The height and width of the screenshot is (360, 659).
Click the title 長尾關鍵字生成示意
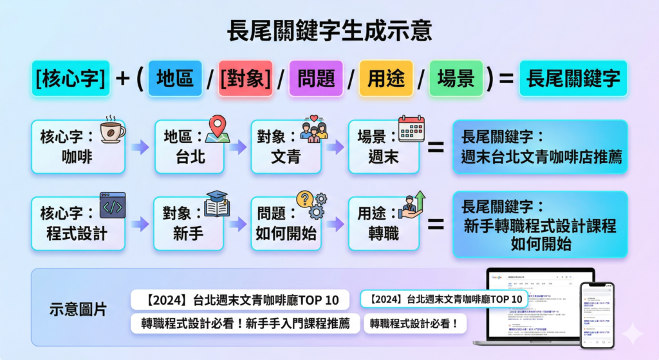tap(329, 30)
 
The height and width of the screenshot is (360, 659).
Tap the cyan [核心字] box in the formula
tap(71, 79)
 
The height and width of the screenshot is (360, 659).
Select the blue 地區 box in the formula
tap(175, 79)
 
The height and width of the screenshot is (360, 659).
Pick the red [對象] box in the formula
tap(245, 79)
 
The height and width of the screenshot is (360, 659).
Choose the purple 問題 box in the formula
tap(316, 79)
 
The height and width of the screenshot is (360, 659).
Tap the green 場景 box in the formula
tap(456, 79)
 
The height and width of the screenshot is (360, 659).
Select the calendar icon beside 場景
tap(412, 129)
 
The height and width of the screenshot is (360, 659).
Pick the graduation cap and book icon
tap(216, 204)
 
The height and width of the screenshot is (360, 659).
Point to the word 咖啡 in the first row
tap(77, 156)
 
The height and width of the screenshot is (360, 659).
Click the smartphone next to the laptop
tap(597, 314)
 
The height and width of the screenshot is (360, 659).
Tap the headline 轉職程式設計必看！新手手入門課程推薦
tap(245, 323)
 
